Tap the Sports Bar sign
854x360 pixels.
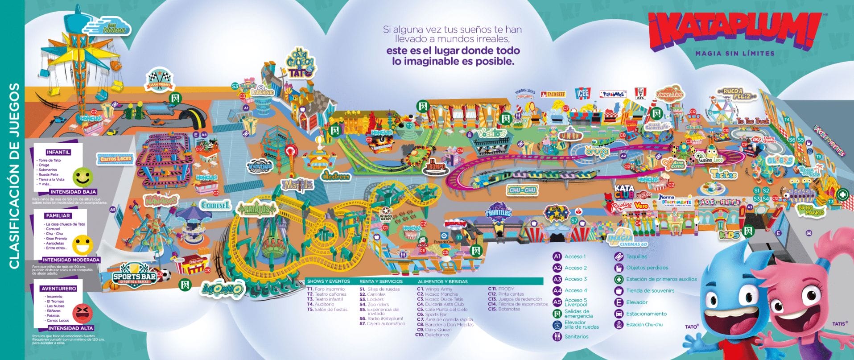(x=135, y=277)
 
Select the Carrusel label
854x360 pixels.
(x=215, y=205)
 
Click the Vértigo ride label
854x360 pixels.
(x=260, y=166)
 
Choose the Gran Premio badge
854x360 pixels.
(x=160, y=81)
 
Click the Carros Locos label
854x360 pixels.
(x=116, y=158)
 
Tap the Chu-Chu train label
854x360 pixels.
(x=523, y=190)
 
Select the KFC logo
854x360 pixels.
(x=641, y=94)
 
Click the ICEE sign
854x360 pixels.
(x=582, y=94)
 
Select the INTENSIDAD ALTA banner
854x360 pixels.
(x=71, y=328)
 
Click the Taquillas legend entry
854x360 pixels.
(x=636, y=257)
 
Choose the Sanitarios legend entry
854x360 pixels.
(x=576, y=336)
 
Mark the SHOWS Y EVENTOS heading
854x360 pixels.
(x=328, y=281)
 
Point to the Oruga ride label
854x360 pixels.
(x=597, y=152)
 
